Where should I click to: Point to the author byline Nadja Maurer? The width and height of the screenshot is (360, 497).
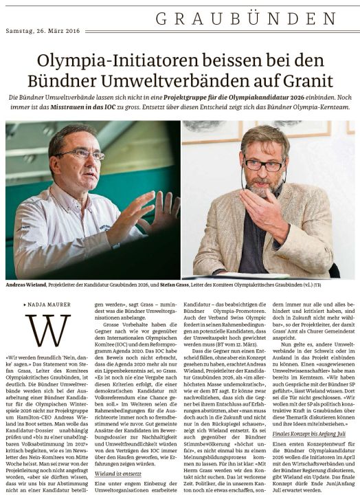click(49, 302)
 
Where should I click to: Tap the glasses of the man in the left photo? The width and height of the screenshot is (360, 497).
click(87, 154)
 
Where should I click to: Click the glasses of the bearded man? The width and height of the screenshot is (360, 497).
click(263, 165)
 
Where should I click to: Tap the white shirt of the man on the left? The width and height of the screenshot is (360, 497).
click(48, 234)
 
